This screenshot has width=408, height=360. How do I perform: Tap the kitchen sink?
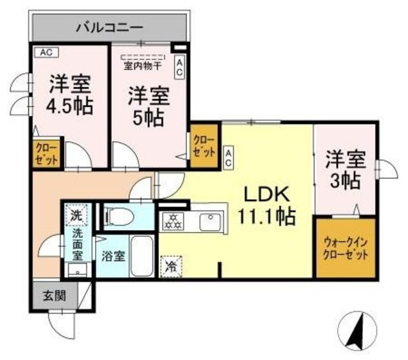(208, 222)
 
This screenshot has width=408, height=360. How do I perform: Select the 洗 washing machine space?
(76, 215)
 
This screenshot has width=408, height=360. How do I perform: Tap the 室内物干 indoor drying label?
(143, 64)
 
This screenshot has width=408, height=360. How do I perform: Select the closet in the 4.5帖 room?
(47, 154)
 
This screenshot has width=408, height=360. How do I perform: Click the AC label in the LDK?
(228, 157)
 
